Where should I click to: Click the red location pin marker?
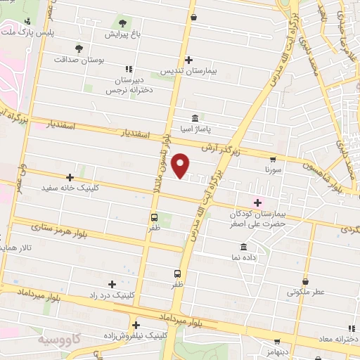(181, 165)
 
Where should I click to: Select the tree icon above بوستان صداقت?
(79, 48)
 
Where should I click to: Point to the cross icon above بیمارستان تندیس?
(188, 60)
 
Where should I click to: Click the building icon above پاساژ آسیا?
(195, 118)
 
